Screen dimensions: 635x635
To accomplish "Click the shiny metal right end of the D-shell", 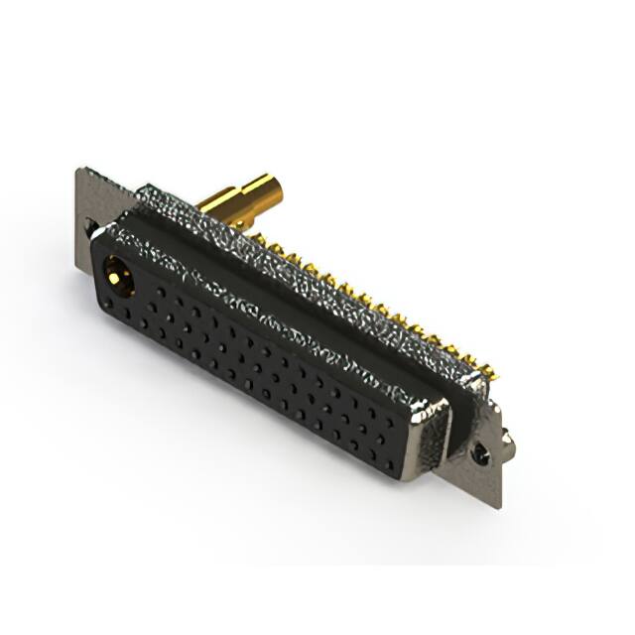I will [x=433, y=437].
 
